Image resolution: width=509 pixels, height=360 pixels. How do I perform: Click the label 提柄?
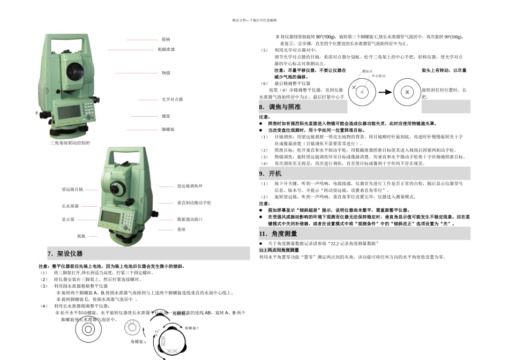click(166, 40)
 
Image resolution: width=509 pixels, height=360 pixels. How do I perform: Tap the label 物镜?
click(166, 73)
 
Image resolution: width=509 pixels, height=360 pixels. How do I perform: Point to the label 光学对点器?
click(172, 100)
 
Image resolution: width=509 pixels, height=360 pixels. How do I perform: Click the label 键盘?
click(166, 116)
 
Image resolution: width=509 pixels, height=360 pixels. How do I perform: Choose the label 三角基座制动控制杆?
click(70, 143)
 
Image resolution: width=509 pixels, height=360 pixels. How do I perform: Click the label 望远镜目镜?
click(72, 189)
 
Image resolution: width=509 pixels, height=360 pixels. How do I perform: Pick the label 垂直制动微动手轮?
click(194, 203)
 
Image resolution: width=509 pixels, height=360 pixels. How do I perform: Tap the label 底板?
click(81, 236)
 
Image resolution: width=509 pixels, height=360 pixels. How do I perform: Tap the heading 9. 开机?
click(271, 174)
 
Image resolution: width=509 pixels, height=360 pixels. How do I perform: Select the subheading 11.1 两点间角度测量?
click(279, 250)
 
